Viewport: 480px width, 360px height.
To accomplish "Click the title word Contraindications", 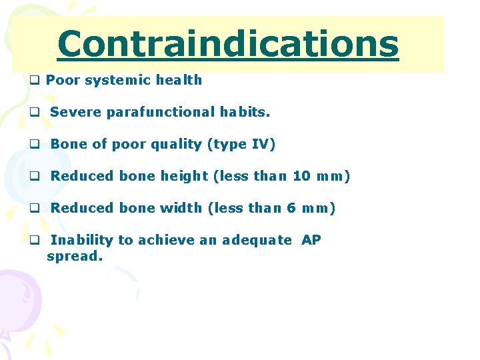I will pos(228,44).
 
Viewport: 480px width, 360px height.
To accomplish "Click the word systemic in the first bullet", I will pos(114,81).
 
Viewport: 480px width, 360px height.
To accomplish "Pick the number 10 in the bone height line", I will pos(301,177).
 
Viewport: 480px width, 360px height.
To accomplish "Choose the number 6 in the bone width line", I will pos(291,209).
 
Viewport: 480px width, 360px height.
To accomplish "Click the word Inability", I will pos(82,240).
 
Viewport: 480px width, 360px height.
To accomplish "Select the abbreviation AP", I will pos(311,240).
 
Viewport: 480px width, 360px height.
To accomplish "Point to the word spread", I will pos(75,256).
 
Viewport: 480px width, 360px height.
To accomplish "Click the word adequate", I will pos(257,241).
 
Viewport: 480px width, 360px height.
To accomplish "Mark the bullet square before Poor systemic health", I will pos(34,81).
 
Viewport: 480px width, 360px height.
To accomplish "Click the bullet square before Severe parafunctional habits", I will pos(34,113).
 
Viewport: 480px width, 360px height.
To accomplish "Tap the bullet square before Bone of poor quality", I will pos(34,145).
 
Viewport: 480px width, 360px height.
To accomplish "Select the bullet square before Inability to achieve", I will pos(34,241).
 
